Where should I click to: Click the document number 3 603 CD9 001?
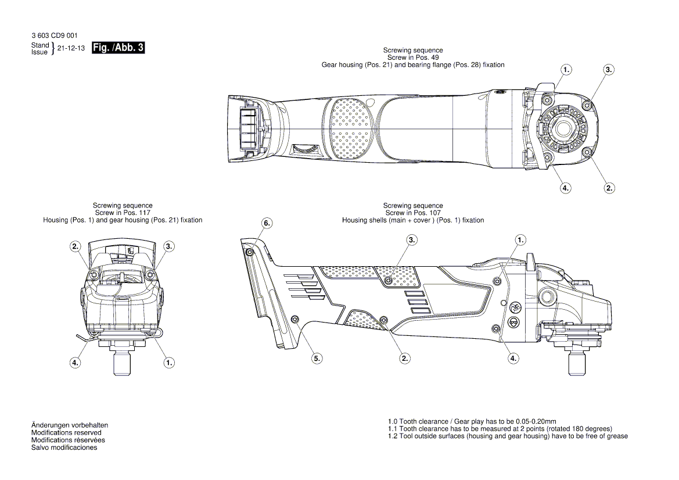pos(55,36)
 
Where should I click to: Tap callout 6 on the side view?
pos(267,223)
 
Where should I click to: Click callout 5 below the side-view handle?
pos(317,359)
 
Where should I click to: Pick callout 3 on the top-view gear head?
pos(608,69)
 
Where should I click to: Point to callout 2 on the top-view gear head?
pos(609,188)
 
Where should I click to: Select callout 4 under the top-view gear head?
pos(565,188)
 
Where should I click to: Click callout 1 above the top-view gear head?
pos(566,69)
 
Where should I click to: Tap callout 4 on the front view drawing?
pos(76,362)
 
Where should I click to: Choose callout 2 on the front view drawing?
pos(76,246)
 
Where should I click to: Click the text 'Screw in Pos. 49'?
pos(413,58)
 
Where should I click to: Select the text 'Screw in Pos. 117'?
pos(123,213)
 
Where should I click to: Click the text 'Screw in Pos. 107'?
pos(413,213)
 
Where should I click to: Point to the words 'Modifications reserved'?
pos(66,433)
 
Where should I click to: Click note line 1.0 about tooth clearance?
pos(472,421)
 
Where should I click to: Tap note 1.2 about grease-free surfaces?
pos(508,436)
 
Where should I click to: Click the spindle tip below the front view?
pos(123,364)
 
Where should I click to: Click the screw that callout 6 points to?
pos(249,252)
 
